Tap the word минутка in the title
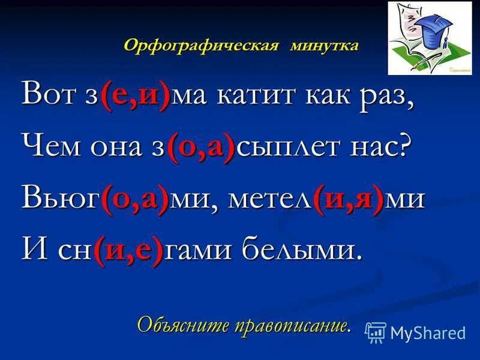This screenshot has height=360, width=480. (x=323, y=46)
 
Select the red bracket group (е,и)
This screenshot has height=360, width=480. (x=135, y=96)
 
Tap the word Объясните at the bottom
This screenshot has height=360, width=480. (x=171, y=324)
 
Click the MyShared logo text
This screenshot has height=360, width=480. (x=428, y=332)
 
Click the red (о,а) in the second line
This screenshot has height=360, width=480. (x=202, y=148)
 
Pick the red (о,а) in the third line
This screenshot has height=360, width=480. (x=134, y=199)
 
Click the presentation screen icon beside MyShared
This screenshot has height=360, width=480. (x=376, y=332)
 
